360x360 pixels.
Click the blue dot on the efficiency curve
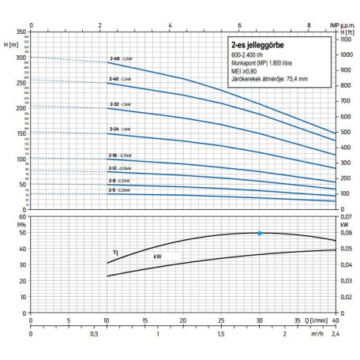[260, 233]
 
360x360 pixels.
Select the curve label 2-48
[114, 59]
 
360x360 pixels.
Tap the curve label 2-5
[113, 190]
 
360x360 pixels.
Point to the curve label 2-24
[114, 129]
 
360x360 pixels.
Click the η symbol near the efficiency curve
[115, 252]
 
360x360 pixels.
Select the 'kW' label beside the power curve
[146, 257]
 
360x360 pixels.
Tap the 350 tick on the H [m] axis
[21, 30]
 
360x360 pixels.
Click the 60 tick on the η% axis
[23, 216]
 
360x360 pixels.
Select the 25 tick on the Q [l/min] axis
[222, 321]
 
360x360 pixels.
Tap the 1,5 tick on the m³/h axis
[222, 333]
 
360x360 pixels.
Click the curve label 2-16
[114, 156]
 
